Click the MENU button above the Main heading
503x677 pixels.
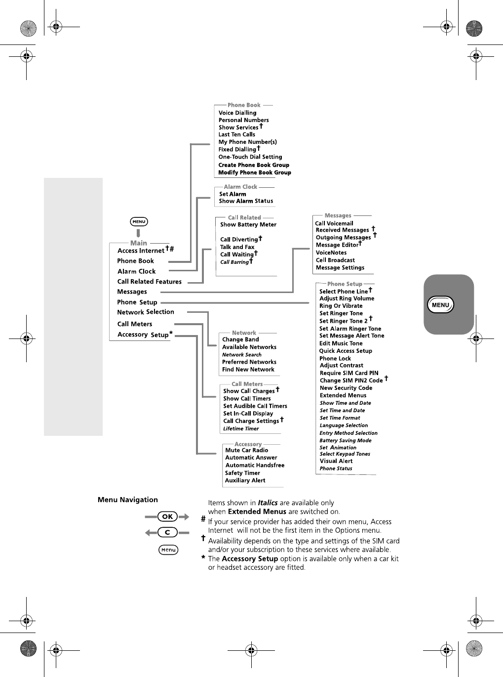139,222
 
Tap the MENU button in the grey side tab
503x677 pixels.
440,305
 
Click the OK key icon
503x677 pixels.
167,516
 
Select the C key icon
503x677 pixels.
167,532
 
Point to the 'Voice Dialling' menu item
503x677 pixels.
237,113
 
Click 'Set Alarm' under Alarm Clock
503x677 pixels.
232,194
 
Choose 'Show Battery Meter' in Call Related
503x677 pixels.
248,224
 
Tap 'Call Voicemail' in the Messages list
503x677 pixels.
334,223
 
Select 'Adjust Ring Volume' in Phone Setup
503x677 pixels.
347,298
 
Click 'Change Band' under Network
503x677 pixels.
240,339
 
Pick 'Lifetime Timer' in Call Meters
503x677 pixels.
241,428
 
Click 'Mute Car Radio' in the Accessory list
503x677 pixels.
247,450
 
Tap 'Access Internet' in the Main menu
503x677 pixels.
141,251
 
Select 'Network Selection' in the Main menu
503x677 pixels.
146,312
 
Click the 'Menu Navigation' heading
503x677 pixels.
128,500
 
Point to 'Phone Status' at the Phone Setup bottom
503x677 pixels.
336,468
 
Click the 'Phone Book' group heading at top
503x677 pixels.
244,105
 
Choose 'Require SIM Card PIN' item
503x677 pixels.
349,373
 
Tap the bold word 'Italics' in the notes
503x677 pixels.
268,503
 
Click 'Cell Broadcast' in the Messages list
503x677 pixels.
335,260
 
